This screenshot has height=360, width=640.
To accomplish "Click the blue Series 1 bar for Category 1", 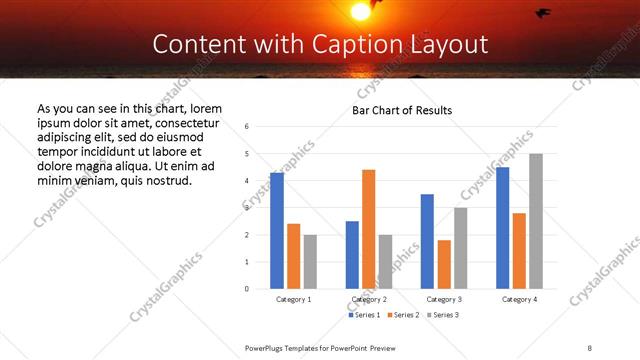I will point(277,231).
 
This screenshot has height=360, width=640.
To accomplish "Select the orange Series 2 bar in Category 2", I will point(368,229).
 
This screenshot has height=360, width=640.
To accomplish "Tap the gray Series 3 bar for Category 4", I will point(536,221).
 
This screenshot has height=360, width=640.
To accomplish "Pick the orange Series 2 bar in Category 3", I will point(444,264).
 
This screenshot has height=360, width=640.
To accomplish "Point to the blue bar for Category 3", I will point(427,241).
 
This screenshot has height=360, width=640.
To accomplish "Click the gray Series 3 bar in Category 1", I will point(310,262).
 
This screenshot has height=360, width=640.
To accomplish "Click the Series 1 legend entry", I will point(364,315).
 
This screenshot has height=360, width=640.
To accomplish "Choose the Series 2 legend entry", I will point(402,315).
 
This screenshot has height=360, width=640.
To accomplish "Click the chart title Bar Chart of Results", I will point(402,110).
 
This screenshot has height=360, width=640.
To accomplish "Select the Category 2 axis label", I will point(368,299).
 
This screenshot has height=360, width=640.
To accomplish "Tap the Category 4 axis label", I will point(519,299).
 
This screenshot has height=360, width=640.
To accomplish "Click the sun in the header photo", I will point(360,10).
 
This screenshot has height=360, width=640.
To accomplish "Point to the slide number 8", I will point(590,347).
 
